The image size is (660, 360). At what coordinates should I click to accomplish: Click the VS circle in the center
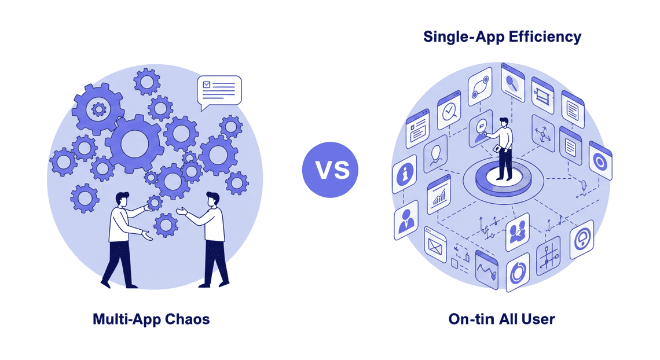(x=330, y=170)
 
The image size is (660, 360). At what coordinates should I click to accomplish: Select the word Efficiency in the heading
(x=545, y=36)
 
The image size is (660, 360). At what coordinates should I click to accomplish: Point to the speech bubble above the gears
(x=219, y=91)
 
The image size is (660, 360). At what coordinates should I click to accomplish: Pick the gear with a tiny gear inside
(x=98, y=109)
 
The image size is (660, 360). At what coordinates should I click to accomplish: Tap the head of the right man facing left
(x=213, y=199)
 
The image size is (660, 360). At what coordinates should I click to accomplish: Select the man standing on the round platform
(x=503, y=149)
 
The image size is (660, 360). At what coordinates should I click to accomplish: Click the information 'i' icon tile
(x=405, y=173)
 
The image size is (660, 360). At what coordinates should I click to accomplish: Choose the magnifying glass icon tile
(x=513, y=83)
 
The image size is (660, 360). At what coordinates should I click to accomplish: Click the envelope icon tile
(x=435, y=245)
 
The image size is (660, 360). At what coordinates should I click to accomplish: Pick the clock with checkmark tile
(x=449, y=110)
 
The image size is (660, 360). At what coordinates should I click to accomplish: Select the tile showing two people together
(x=518, y=232)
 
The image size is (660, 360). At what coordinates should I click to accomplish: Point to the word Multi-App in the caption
(x=127, y=319)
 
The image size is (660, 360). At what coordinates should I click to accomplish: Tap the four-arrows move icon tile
(x=543, y=134)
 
